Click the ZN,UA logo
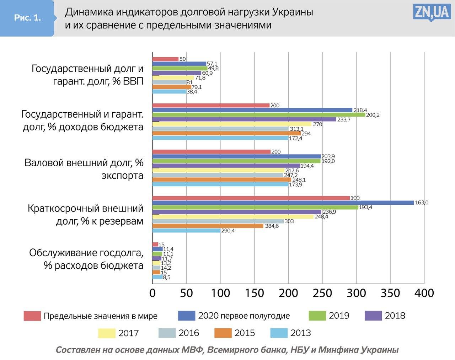click(432, 13)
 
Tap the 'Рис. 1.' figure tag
click(27, 18)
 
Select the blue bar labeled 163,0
click(283, 203)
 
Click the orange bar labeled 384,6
click(208, 226)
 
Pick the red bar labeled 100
click(251, 198)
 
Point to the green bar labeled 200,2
click(258, 115)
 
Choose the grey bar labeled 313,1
click(220, 129)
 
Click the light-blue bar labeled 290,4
click(186, 231)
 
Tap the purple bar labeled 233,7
click(244, 119)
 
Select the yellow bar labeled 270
click(232, 124)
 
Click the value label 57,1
click(212, 64)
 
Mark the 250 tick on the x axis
click(322, 294)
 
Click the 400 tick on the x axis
click(424, 294)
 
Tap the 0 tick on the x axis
click(152, 294)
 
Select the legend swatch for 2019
click(317, 316)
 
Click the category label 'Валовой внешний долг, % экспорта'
click(84, 169)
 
